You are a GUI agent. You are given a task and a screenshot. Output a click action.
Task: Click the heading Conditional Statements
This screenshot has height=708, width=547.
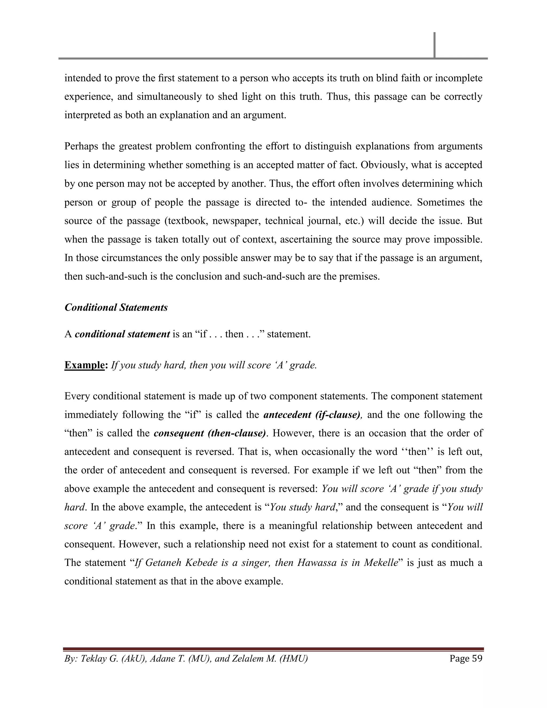(116, 307)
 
